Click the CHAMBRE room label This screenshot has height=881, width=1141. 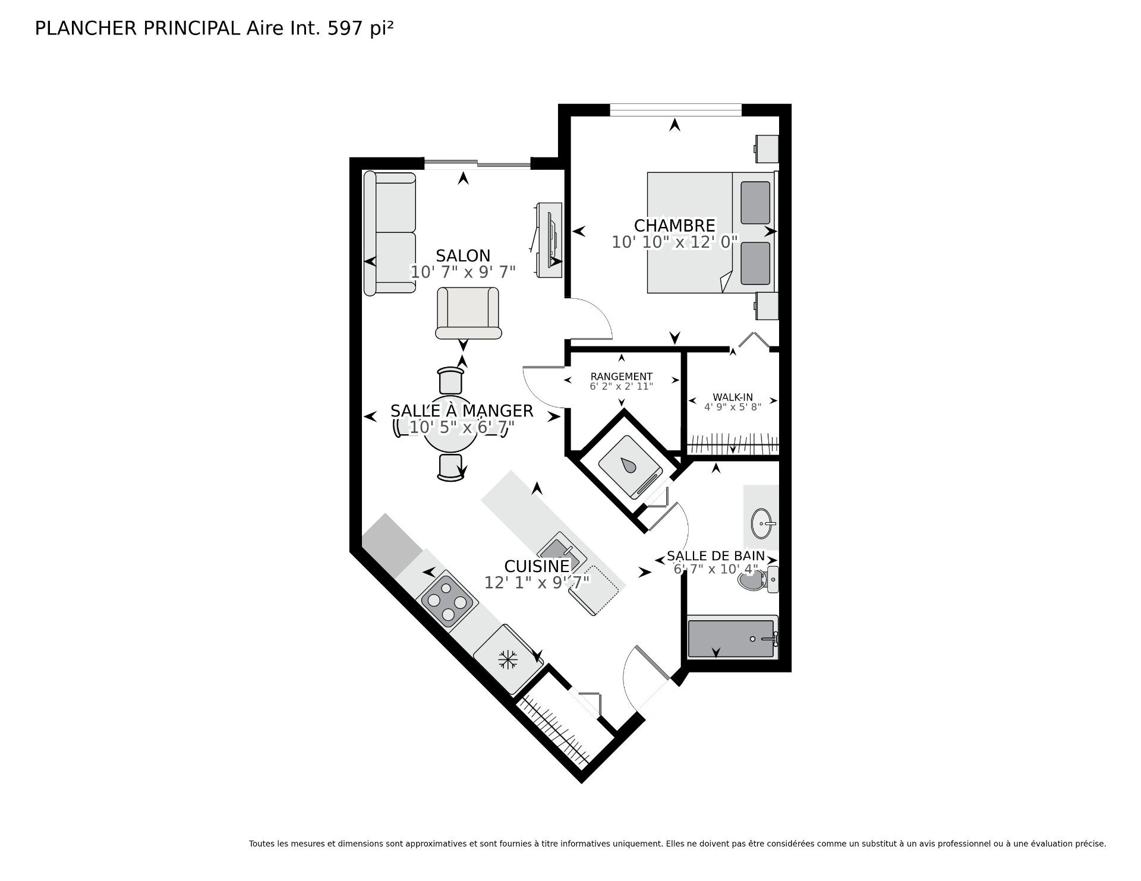point(674,226)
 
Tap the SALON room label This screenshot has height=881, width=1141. point(463,256)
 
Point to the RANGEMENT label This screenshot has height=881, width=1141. point(622,377)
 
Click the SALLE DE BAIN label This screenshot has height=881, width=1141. point(716,556)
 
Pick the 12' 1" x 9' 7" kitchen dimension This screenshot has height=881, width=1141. point(537,583)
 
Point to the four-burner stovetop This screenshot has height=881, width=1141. point(447,602)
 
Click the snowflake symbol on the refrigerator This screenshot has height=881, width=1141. point(508,659)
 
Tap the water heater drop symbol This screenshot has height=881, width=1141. point(629,465)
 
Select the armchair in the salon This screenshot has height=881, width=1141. point(468,313)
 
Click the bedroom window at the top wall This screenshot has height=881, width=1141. point(676,110)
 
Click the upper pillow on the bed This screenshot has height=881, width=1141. point(755,203)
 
